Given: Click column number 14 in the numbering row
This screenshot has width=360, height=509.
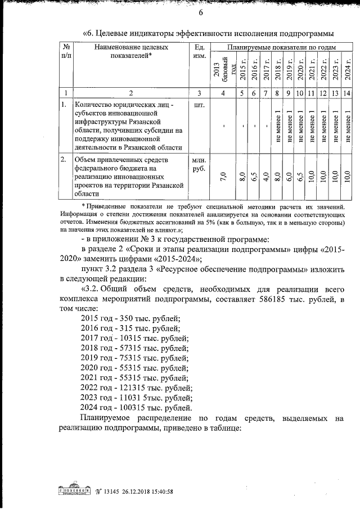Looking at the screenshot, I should pyautogui.click(x=348, y=93).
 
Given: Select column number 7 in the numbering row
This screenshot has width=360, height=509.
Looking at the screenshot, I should pyautogui.click(x=265, y=93).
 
